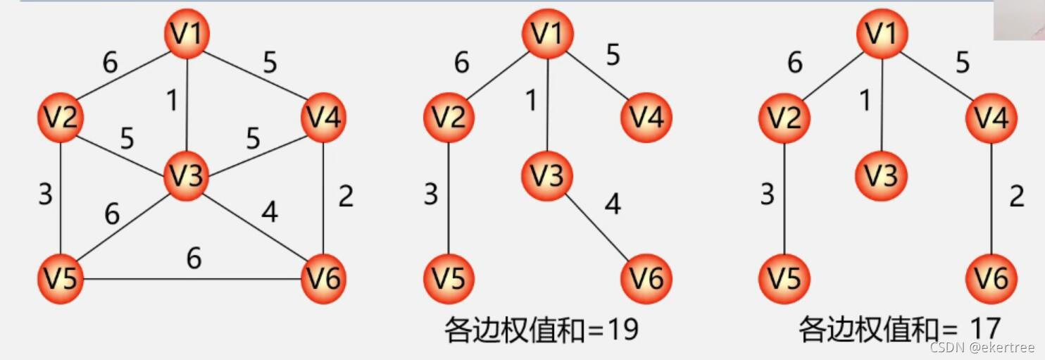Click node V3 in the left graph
(x=185, y=175)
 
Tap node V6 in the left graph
(x=323, y=279)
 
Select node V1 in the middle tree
(x=547, y=34)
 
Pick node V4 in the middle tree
(x=646, y=117)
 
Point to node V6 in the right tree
(x=991, y=279)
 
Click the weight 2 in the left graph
(x=345, y=197)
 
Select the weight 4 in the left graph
(x=269, y=211)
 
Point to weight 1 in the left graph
(x=171, y=101)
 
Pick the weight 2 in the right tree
(x=1016, y=197)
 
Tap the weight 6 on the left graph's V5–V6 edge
(x=194, y=259)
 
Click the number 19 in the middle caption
(x=620, y=329)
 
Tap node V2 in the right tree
(x=784, y=117)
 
